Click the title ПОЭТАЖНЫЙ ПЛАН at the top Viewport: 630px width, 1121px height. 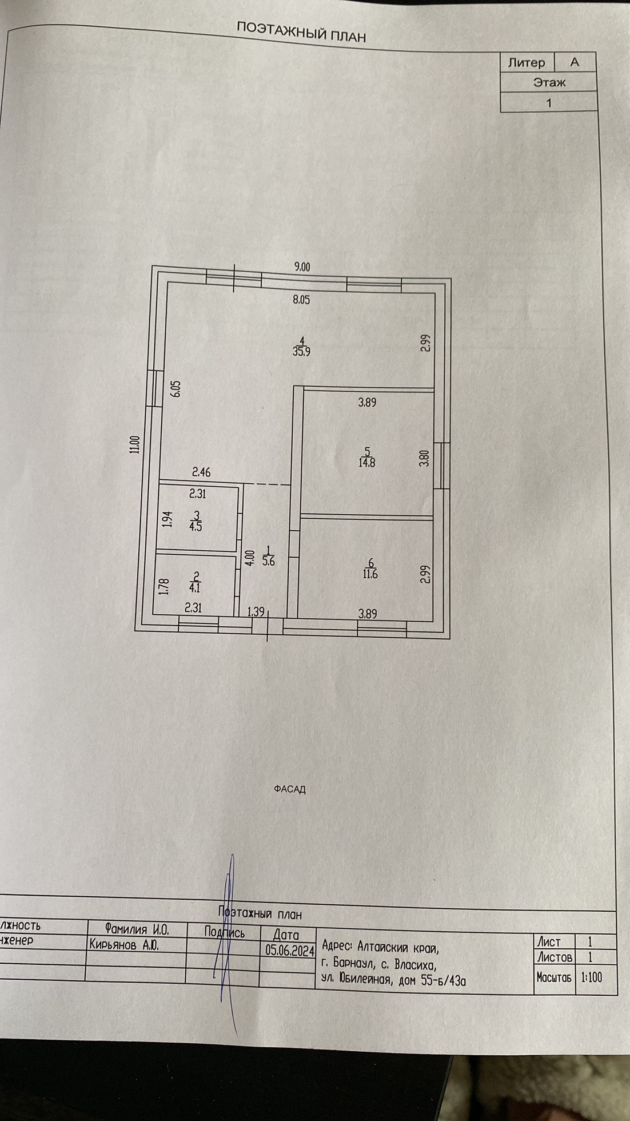tap(301, 32)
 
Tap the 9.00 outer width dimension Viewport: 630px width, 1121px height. tap(302, 267)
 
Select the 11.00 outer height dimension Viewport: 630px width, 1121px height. tap(134, 444)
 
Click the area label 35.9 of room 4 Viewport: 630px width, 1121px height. tap(301, 352)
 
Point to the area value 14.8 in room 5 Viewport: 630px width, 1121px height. tap(367, 463)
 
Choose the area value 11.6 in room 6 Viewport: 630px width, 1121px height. tap(370, 574)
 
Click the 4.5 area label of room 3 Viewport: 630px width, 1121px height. tap(196, 526)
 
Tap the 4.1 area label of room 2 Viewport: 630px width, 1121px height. tap(195, 587)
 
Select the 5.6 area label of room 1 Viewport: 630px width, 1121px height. tap(268, 561)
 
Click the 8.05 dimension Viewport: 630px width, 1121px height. tap(301, 300)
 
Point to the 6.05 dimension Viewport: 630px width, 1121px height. tap(176, 389)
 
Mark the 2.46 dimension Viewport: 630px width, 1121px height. tap(201, 472)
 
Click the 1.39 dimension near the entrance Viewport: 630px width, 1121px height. tap(256, 612)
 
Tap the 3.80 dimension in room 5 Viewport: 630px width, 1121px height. tap(424, 459)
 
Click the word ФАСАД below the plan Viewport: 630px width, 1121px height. tap(290, 789)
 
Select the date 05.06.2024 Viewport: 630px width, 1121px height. tap(290, 951)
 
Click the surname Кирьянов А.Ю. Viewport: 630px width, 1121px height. tap(123, 945)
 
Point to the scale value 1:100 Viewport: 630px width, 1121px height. tap(591, 977)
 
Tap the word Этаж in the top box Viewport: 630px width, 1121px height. tap(549, 82)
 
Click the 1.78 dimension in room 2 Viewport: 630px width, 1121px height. tap(164, 587)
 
